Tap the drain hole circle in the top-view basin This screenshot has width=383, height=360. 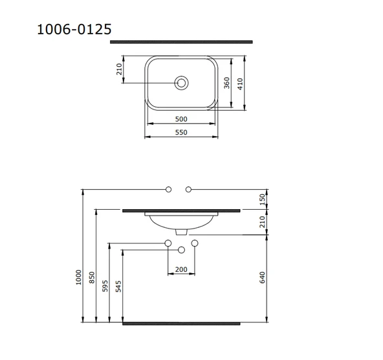[182, 83]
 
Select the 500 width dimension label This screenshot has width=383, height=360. [181, 119]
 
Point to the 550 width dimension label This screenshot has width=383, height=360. [181, 132]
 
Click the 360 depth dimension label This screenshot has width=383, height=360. [226, 84]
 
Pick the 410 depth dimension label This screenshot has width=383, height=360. [240, 84]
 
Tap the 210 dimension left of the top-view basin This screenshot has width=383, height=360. [119, 69]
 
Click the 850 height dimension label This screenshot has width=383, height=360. [92, 276]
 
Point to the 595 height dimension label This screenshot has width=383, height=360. [105, 286]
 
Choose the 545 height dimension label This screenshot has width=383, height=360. [118, 286]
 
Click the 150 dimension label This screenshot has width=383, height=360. [262, 199]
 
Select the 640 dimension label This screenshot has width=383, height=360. [262, 278]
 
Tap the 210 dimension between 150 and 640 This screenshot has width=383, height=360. [262, 223]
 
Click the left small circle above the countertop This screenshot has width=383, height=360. [168, 189]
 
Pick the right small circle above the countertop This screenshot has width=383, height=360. [188, 189]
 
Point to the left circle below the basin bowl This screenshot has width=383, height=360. [168, 243]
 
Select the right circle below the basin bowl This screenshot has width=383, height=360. [194, 243]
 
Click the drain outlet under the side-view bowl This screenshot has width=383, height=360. [181, 232]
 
